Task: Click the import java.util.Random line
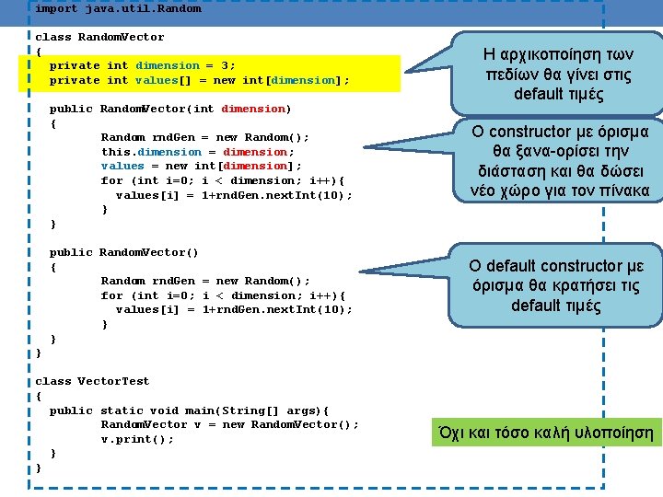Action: [x=118, y=8]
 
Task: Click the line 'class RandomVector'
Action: [x=99, y=37]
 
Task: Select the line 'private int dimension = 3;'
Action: [x=142, y=65]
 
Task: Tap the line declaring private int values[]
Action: [x=199, y=80]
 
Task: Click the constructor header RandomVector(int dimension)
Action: [x=169, y=109]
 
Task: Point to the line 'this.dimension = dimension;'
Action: [x=198, y=152]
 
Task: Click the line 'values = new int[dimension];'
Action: [x=202, y=166]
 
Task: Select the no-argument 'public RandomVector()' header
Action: [x=123, y=252]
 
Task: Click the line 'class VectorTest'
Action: [x=92, y=381]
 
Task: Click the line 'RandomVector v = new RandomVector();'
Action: [x=229, y=424]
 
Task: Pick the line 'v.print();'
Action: [x=137, y=439]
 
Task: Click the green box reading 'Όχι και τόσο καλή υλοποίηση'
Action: [x=547, y=432]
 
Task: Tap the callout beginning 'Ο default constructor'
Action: [x=556, y=285]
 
